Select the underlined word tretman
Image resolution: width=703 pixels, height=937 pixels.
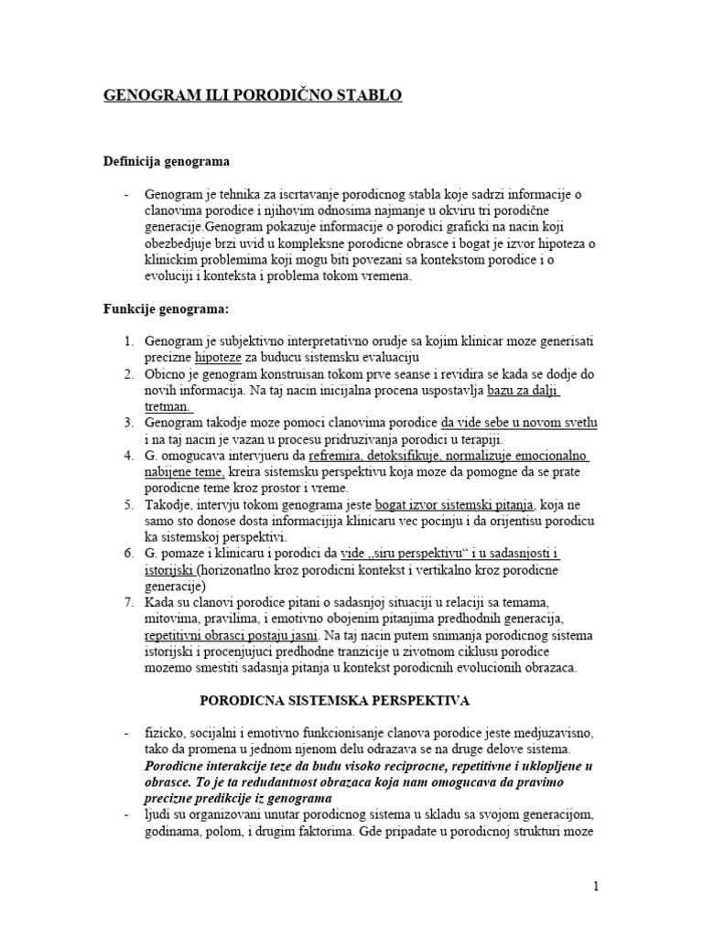[x=168, y=405]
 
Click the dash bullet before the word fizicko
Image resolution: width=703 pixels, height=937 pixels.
[x=110, y=735]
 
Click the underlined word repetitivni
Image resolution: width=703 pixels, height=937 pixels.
[x=179, y=634]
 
